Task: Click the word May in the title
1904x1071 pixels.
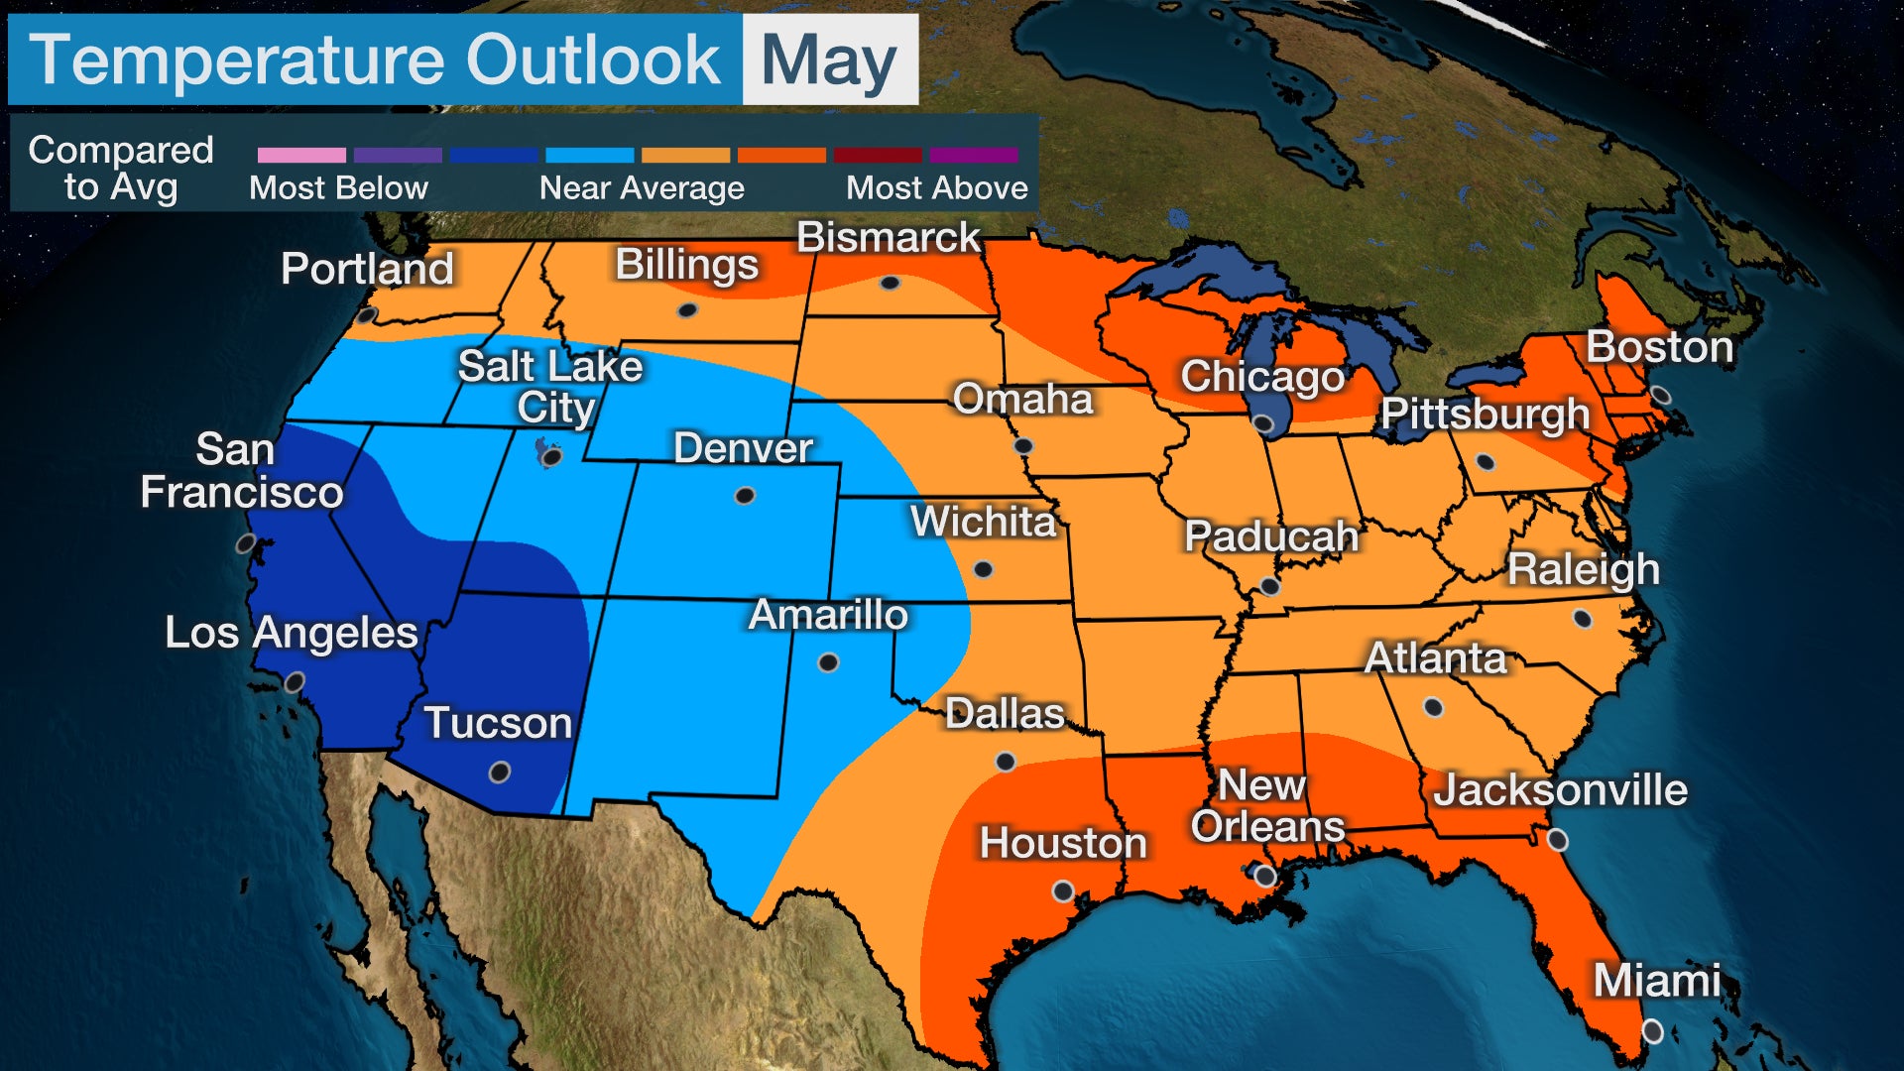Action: coord(829,61)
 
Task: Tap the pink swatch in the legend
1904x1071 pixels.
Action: coord(301,156)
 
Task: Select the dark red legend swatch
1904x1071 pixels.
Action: coord(878,156)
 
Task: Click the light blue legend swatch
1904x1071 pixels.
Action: coord(589,156)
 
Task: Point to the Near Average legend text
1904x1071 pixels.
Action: coord(642,188)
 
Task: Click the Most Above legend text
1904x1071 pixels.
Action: coord(936,188)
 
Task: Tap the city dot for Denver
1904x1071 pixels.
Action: coord(744,496)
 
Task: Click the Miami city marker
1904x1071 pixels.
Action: coord(1652,1031)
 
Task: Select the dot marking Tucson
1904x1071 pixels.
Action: coord(500,772)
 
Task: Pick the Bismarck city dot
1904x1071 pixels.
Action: coord(890,284)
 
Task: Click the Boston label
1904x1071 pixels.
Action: coord(1659,347)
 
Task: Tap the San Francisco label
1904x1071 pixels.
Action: coord(241,471)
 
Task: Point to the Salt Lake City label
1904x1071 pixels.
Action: coord(550,387)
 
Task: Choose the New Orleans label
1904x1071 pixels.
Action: coord(1266,805)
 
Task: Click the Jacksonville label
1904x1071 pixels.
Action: coord(1560,790)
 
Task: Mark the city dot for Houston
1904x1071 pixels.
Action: coord(1062,891)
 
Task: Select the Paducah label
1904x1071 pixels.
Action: coord(1270,536)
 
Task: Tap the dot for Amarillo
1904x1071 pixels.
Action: coord(828,662)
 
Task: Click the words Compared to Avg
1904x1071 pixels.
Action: coord(121,168)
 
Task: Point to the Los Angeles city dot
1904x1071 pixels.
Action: coord(294,682)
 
